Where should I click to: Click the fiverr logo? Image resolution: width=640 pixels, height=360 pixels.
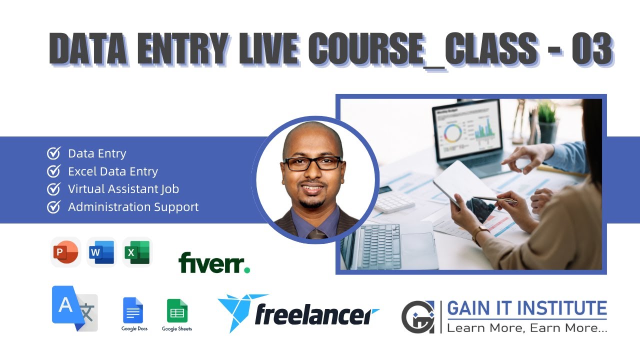[214, 262]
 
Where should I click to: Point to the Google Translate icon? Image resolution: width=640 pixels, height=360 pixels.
[74, 308]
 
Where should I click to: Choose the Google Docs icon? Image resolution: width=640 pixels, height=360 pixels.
[133, 310]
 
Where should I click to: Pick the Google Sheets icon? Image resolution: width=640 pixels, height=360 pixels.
[177, 310]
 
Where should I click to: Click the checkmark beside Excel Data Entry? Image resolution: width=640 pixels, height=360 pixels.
[53, 171]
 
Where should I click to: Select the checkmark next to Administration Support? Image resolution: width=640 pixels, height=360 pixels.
[53, 206]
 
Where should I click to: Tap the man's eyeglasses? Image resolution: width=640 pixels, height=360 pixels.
[313, 163]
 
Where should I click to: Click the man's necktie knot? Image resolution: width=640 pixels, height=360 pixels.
[316, 234]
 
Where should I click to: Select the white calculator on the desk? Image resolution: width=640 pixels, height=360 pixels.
[394, 202]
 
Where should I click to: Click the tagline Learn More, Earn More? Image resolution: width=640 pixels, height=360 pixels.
[526, 328]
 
